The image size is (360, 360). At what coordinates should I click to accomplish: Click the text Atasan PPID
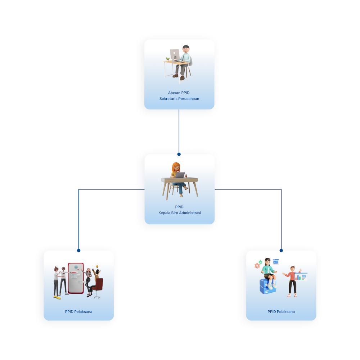point(179,93)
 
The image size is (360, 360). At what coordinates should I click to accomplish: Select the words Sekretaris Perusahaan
point(179,99)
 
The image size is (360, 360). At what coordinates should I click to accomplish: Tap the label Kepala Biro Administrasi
point(180,213)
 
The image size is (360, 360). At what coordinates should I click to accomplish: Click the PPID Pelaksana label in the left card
point(78,311)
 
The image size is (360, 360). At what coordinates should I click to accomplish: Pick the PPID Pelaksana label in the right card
point(281,311)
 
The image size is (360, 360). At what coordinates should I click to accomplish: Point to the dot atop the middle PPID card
point(179,154)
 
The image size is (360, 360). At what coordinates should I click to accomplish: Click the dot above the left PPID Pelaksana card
point(79,251)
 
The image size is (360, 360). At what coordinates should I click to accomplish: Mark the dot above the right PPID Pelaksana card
point(281,251)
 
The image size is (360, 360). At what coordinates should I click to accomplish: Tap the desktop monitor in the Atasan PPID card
point(175,55)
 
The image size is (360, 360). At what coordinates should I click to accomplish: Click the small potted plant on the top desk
point(168,59)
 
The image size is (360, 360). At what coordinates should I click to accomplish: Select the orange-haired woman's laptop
point(180,175)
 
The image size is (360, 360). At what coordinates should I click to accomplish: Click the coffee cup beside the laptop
point(186,176)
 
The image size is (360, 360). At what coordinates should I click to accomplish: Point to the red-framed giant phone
point(76,278)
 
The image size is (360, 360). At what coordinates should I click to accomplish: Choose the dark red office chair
point(98,288)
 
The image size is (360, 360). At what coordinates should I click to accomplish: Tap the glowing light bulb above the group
point(97,266)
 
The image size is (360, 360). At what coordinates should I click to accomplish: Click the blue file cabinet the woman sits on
point(268,286)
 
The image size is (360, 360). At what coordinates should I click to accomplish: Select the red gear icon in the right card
point(257,266)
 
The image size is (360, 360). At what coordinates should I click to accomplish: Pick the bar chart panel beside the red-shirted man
point(301,277)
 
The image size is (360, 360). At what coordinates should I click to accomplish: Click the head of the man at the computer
point(186,49)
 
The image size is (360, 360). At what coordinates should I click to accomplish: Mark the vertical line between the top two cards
point(179,131)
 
